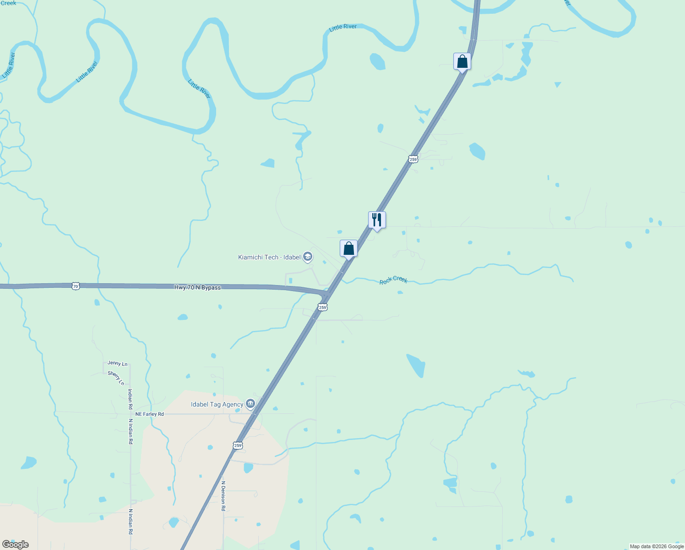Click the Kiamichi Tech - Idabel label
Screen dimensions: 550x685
(x=269, y=257)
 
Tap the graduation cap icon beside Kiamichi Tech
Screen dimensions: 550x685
(x=308, y=257)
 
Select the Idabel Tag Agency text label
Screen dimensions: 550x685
(x=217, y=404)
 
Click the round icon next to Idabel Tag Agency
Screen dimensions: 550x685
(x=250, y=404)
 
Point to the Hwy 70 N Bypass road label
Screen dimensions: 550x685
(x=197, y=287)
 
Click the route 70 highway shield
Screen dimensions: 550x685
(x=76, y=286)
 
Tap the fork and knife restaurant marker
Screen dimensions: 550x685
(x=377, y=220)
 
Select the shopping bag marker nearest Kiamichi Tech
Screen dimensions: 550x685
(x=348, y=249)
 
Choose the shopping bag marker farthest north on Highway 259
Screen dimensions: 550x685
(x=462, y=61)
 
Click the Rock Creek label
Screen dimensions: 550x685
(x=393, y=280)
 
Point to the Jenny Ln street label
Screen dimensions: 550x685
(x=118, y=363)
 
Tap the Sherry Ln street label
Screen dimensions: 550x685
(x=116, y=378)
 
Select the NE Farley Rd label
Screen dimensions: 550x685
(x=150, y=414)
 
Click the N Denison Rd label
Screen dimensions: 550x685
(x=223, y=496)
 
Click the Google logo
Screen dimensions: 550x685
(x=16, y=544)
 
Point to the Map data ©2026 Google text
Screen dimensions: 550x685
(x=657, y=546)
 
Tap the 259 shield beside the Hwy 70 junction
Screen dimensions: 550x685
(x=323, y=307)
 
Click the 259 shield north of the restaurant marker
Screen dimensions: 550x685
(x=413, y=159)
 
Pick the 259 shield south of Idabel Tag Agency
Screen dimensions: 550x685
(x=238, y=445)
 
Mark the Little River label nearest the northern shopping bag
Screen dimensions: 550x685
(x=343, y=27)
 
